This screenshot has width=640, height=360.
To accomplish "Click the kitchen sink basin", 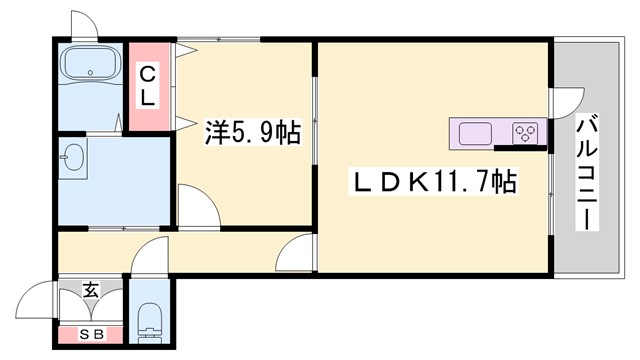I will [475, 133].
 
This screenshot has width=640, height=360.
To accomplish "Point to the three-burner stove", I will [527, 133].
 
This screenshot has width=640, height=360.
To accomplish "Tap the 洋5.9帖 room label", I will [253, 132].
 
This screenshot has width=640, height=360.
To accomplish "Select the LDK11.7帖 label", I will [432, 183].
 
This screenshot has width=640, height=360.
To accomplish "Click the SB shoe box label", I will [90, 334].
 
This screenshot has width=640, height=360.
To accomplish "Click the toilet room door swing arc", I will [145, 256].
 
